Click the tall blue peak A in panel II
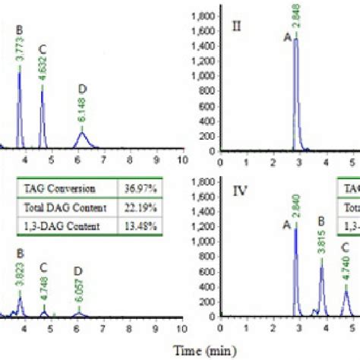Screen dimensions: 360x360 tap(296, 91)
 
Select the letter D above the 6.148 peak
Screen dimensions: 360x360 tap(81, 90)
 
